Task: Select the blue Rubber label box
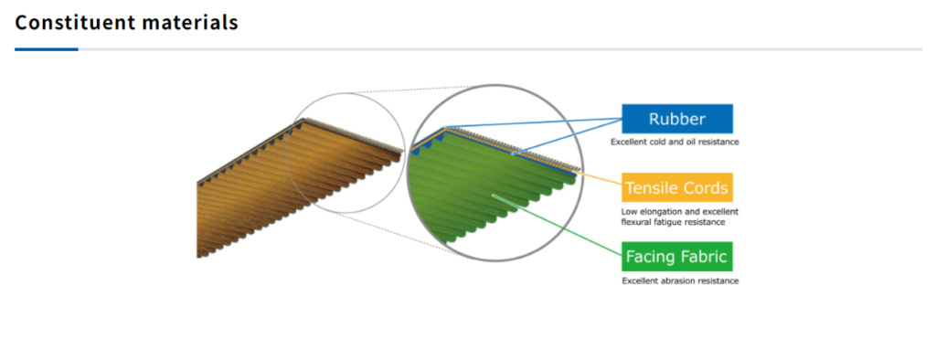click(x=677, y=119)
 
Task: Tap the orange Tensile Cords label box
click(x=677, y=188)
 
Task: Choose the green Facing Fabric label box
click(x=677, y=257)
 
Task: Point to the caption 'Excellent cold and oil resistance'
click(x=675, y=143)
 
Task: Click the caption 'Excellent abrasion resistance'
click(x=680, y=281)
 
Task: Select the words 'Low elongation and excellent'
click(x=680, y=211)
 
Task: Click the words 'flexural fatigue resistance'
click(x=673, y=222)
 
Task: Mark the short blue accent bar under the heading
click(x=47, y=49)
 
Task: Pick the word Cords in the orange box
click(x=707, y=188)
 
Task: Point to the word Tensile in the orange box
click(x=653, y=188)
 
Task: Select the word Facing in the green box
click(x=651, y=258)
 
